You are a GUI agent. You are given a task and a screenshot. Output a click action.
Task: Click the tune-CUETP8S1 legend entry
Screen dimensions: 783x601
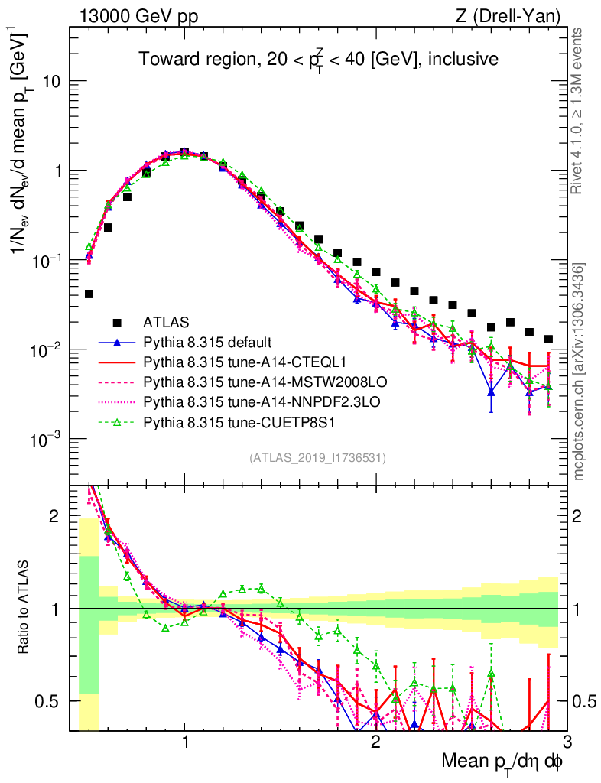tap(232, 421)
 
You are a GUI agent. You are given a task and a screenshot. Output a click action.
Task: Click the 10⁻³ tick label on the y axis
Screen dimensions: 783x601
tap(47, 440)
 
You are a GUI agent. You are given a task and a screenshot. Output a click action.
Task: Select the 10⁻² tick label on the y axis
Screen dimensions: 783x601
tap(47, 350)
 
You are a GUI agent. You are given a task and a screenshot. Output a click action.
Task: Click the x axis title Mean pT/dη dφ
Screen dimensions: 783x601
tap(502, 762)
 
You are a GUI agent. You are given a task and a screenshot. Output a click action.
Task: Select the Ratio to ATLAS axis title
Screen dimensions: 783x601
tap(24, 609)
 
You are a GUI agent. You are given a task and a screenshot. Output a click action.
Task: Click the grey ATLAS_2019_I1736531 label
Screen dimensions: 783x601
tap(317, 458)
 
